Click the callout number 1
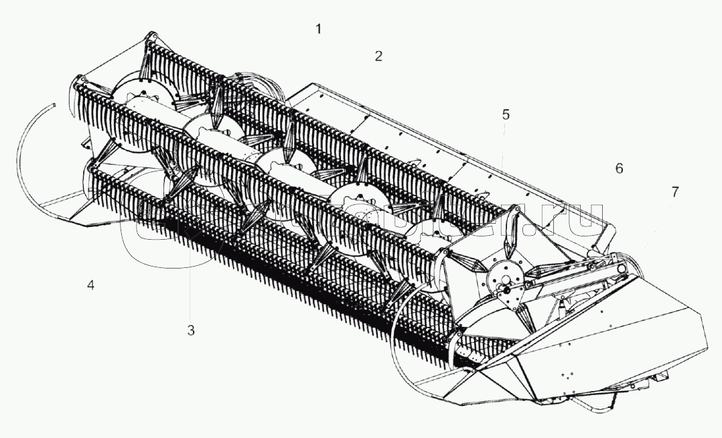(x=319, y=29)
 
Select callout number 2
(x=378, y=56)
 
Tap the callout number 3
(x=191, y=330)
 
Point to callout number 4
(x=90, y=285)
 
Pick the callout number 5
(x=506, y=115)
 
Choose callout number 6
(x=619, y=168)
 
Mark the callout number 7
(x=674, y=192)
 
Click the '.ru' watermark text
(x=569, y=221)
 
